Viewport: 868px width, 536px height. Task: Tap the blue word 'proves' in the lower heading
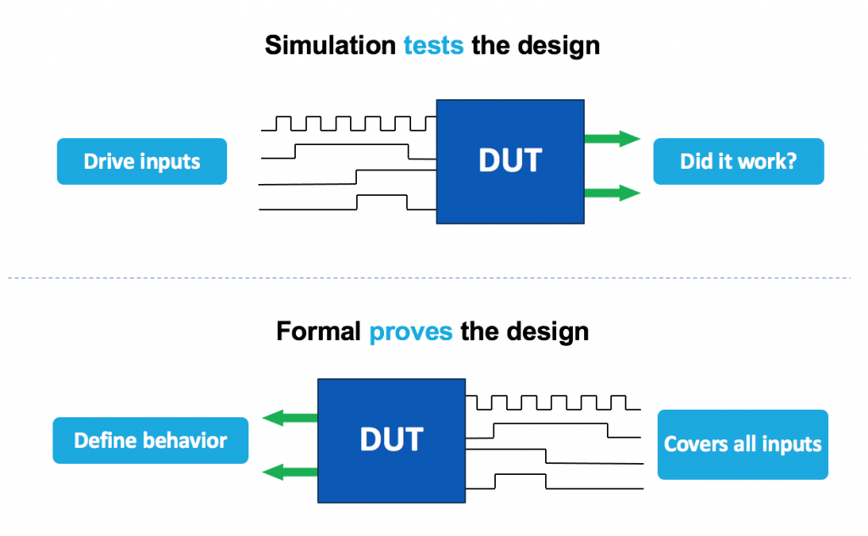410,331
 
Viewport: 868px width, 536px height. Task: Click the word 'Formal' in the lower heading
318,331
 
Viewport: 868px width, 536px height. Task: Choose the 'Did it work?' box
737,161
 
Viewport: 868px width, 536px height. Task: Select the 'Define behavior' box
150,440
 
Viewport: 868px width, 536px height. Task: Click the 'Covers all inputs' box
743,444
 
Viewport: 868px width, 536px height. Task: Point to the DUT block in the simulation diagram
509,161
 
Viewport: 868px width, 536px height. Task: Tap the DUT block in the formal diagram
391,439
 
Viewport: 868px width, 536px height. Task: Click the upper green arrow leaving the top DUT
611,139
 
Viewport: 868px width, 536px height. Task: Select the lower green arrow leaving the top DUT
611,193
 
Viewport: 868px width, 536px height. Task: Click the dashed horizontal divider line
434,277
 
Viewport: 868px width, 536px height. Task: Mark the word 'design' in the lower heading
548,331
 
